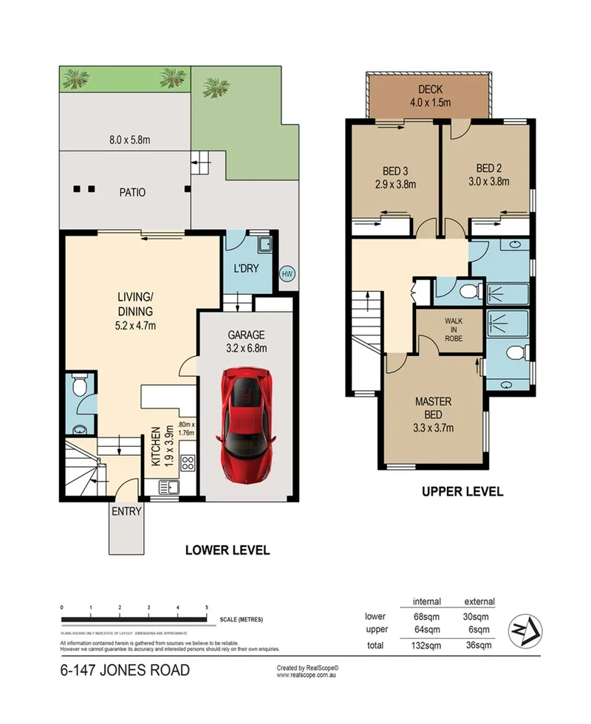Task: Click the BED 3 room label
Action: pyautogui.click(x=394, y=167)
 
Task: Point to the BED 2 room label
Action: pyautogui.click(x=488, y=167)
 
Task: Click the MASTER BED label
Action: pyautogui.click(x=432, y=402)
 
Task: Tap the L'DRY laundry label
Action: pyautogui.click(x=245, y=268)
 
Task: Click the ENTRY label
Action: pyautogui.click(x=126, y=511)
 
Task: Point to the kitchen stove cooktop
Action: pyautogui.click(x=188, y=464)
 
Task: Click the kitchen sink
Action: pyautogui.click(x=168, y=487)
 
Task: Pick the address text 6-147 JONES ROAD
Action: pyautogui.click(x=124, y=671)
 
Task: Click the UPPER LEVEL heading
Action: pyautogui.click(x=462, y=491)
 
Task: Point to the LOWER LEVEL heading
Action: pyautogui.click(x=227, y=550)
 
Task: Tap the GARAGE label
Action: pyautogui.click(x=246, y=335)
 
